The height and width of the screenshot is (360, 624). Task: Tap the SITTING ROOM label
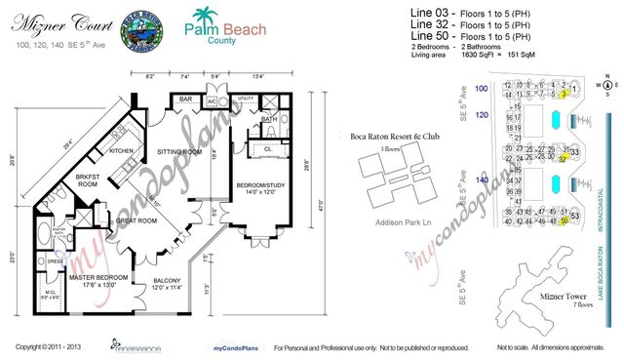pos(179,153)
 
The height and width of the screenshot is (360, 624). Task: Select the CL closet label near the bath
pos(267,149)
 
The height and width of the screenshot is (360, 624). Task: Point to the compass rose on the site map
pos(604,86)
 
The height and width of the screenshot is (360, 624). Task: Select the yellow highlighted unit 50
pos(565,221)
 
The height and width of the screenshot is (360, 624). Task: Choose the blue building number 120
pos(481,113)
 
